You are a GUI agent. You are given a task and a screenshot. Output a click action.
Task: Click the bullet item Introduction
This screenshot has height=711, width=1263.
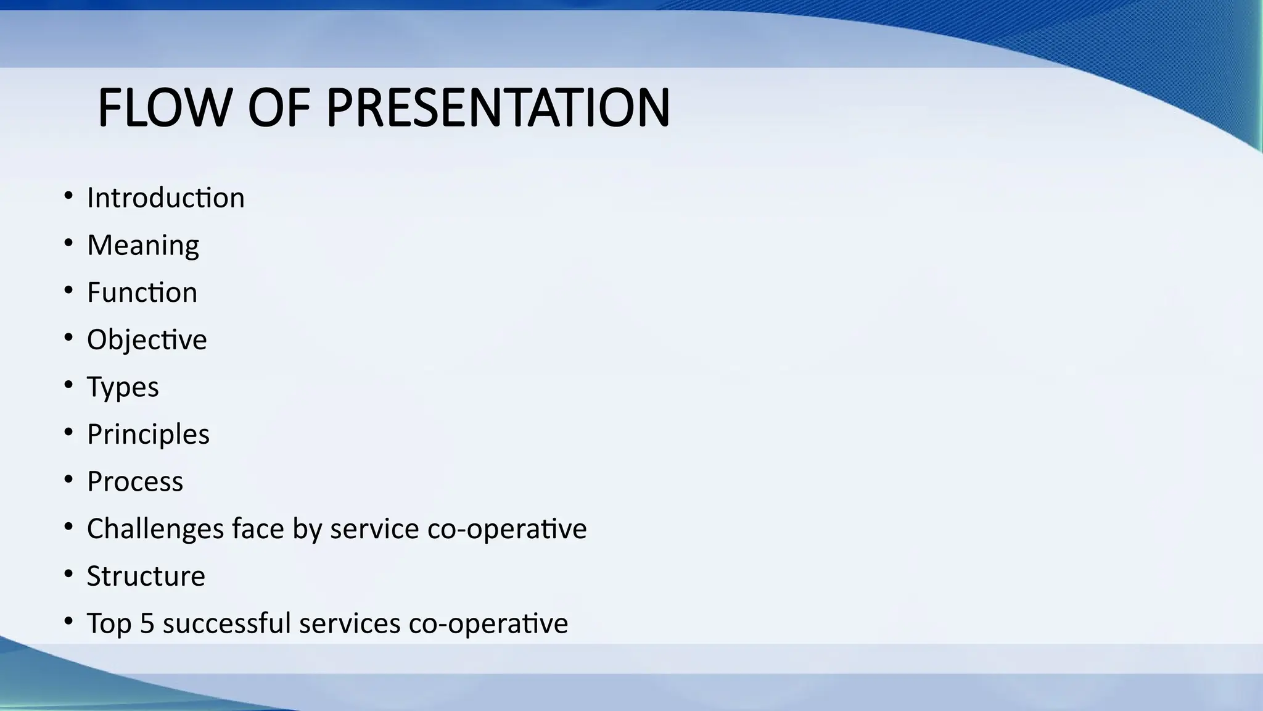tap(165, 198)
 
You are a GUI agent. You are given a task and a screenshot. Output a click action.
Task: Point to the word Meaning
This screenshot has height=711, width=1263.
tap(143, 246)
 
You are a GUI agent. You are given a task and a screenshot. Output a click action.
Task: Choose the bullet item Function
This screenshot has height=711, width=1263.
tap(142, 293)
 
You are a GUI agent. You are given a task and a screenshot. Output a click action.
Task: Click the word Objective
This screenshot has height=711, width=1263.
tap(147, 340)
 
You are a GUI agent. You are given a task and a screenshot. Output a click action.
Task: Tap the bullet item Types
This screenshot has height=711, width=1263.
tap(123, 388)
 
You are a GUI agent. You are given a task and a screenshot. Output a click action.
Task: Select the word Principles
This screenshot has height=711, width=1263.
tap(148, 434)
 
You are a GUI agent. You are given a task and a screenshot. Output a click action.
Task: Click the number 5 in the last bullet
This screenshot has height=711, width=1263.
tap(147, 623)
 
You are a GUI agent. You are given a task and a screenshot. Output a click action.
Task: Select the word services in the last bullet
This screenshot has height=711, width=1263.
tap(350, 623)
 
